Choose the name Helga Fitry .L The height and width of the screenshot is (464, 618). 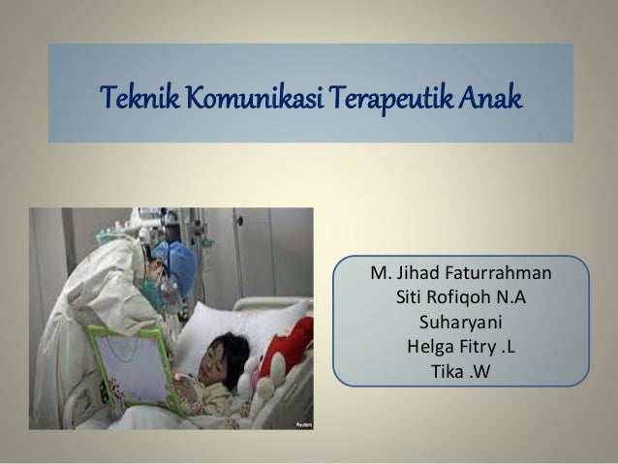(x=461, y=345)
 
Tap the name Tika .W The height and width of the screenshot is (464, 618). (x=461, y=369)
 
